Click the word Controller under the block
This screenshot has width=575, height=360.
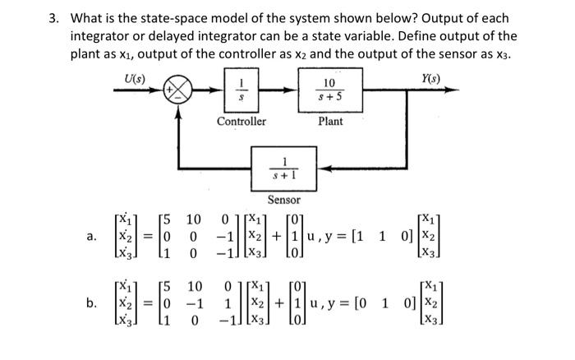click(x=241, y=122)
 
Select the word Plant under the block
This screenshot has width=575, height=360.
click(x=331, y=122)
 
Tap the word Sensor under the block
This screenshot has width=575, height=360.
click(x=283, y=200)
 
